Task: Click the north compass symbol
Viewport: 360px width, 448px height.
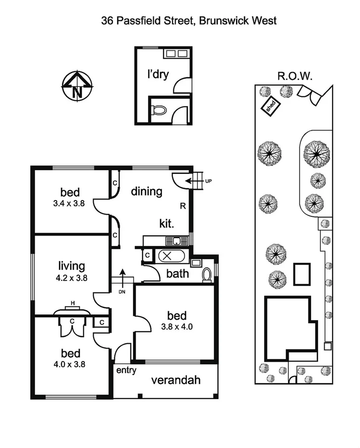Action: pyautogui.click(x=77, y=86)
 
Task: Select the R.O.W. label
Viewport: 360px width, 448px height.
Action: pyautogui.click(x=295, y=76)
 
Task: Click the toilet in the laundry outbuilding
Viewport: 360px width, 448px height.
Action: pyautogui.click(x=159, y=110)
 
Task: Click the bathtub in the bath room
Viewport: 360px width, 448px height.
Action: pyautogui.click(x=167, y=256)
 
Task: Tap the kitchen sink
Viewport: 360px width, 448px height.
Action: pyautogui.click(x=177, y=241)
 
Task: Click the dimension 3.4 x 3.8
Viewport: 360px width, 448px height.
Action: pyautogui.click(x=70, y=203)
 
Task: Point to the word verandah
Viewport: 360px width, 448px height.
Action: pyautogui.click(x=176, y=380)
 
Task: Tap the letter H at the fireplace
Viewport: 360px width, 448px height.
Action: pyautogui.click(x=73, y=303)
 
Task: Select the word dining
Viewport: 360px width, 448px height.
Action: pyautogui.click(x=146, y=191)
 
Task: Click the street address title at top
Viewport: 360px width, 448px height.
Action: pyautogui.click(x=189, y=20)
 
